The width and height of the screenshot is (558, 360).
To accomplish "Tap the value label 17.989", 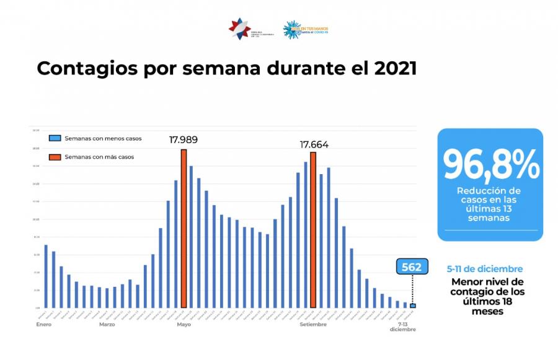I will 184,140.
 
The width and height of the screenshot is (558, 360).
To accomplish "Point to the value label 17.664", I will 314,144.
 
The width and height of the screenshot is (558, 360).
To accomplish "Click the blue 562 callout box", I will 412,267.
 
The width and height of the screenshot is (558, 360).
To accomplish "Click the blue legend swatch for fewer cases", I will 55,138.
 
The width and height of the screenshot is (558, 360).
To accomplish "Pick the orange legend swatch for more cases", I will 55,157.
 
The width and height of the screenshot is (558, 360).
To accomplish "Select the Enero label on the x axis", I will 43,325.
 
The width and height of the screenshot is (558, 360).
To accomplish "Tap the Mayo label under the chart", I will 184,325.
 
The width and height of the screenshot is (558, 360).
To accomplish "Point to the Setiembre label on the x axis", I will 313,325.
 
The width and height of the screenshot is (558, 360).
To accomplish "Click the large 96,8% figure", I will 490,164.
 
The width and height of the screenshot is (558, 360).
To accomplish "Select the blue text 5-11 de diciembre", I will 485,269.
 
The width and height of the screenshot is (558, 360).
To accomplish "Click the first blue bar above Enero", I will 46,276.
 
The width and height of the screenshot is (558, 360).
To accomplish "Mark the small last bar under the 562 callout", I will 413,305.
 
